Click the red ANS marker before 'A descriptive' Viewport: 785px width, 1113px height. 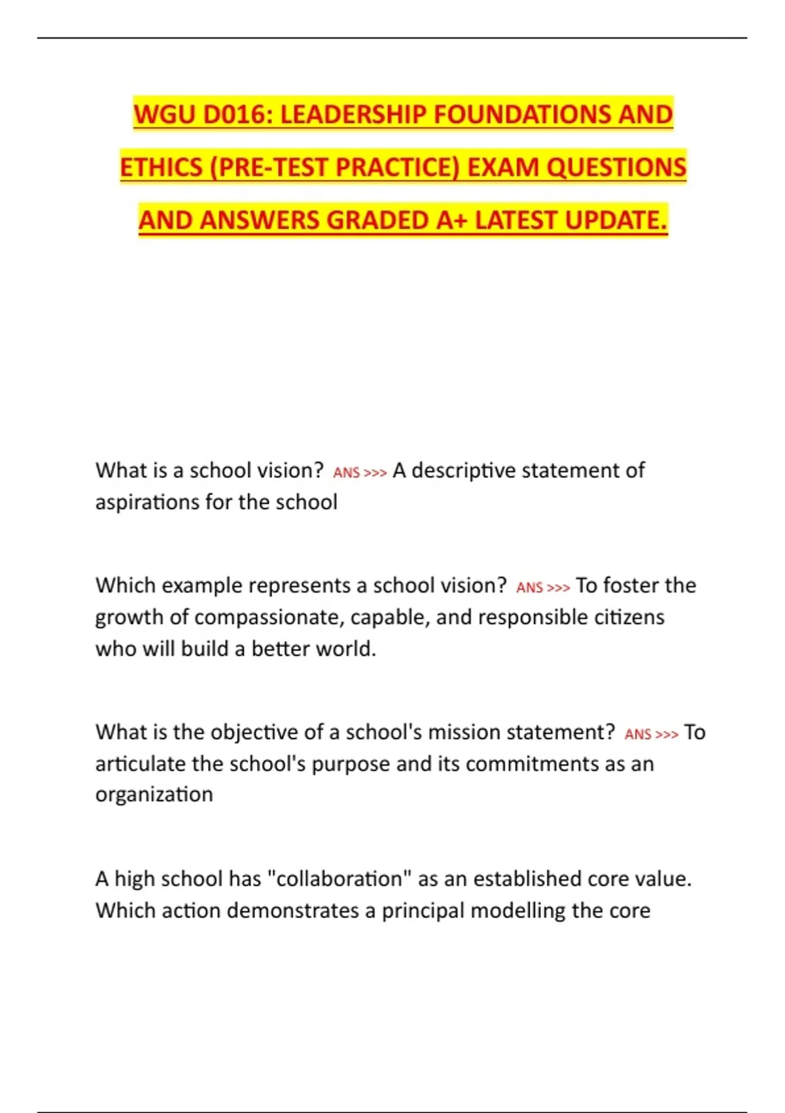pyautogui.click(x=347, y=473)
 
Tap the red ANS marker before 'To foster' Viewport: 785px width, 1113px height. pyautogui.click(x=530, y=588)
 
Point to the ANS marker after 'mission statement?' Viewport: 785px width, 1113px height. pyautogui.click(x=638, y=735)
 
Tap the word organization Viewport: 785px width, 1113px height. pyautogui.click(x=154, y=795)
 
